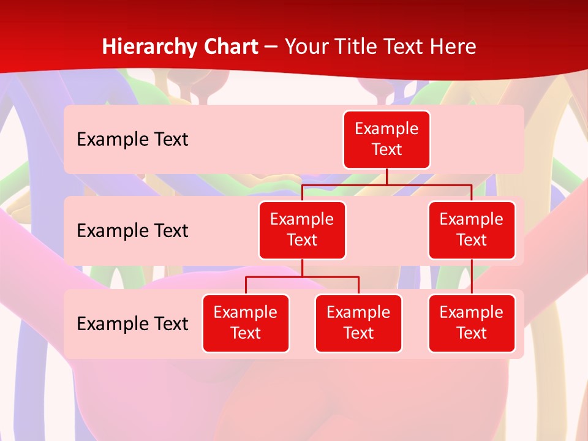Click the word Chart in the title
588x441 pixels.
point(228,47)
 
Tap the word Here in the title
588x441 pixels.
point(452,47)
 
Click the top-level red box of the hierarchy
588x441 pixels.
point(386,140)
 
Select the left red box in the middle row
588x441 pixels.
point(302,230)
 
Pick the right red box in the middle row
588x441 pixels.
point(472,230)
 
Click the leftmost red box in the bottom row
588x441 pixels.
point(246,323)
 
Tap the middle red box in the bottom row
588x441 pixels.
point(358,323)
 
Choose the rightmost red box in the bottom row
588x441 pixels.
point(472,323)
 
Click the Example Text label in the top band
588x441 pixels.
point(132,140)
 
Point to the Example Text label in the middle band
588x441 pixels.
point(132,231)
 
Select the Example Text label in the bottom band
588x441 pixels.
point(132,324)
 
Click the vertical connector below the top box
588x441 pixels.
point(386,176)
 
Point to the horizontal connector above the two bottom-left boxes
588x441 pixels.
point(302,277)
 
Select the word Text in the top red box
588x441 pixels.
point(386,149)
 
